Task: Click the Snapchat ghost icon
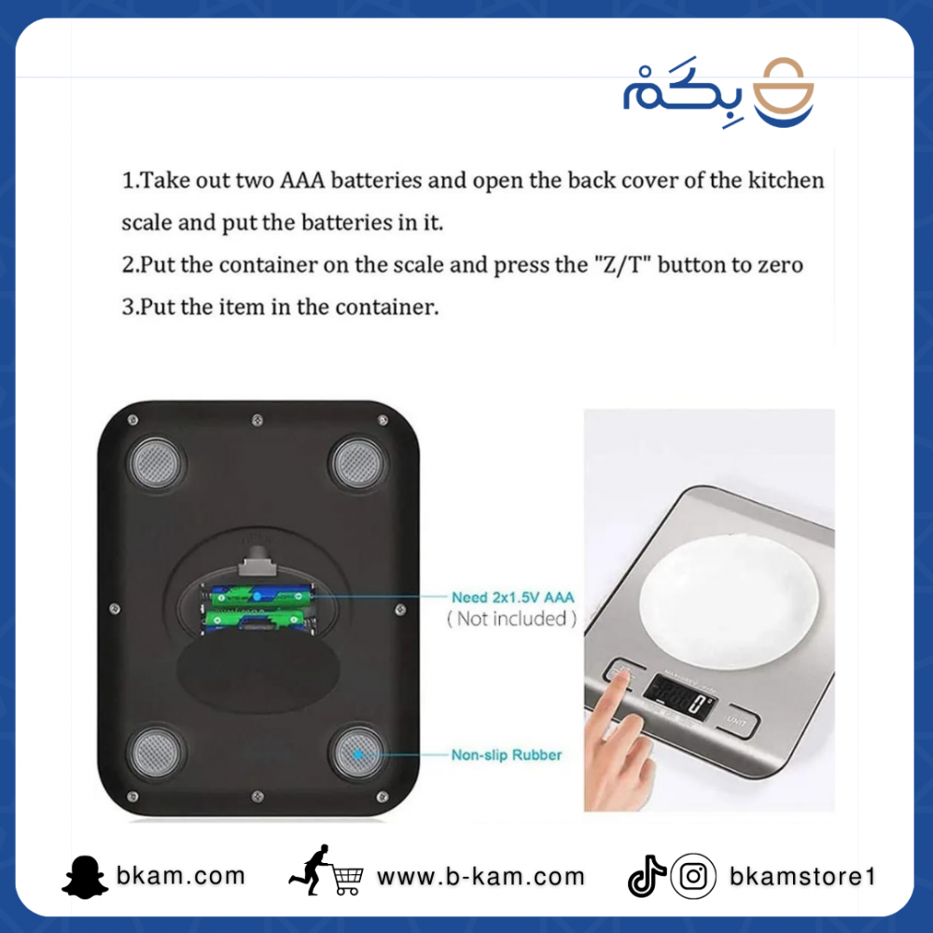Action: (85, 876)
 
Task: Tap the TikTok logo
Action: (647, 876)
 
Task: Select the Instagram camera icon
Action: (693, 876)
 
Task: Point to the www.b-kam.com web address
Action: (480, 876)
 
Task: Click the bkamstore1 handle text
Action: (802, 876)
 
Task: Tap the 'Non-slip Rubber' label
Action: (507, 755)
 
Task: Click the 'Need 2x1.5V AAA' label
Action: (513, 597)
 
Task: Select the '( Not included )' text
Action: (511, 619)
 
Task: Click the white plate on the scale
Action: (729, 602)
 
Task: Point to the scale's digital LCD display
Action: (679, 695)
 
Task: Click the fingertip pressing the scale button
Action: (620, 677)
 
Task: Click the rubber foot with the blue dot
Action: (357, 753)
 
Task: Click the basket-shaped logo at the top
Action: (783, 91)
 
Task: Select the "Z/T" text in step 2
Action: (621, 264)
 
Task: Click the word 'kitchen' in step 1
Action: (786, 180)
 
